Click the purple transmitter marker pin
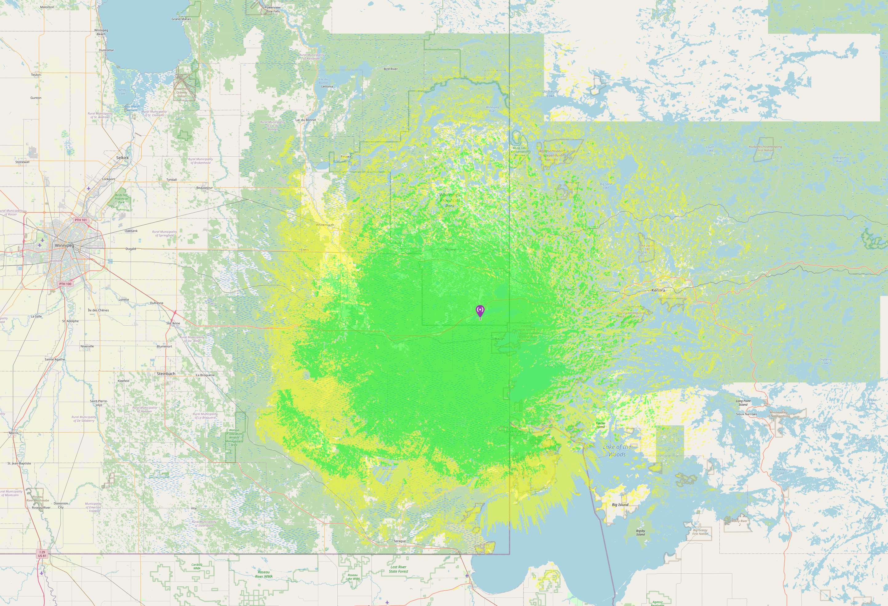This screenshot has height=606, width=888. [x=480, y=311]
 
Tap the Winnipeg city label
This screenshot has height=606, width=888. [x=65, y=245]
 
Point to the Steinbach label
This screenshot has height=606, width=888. [x=166, y=374]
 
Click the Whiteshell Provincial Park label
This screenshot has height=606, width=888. [x=450, y=200]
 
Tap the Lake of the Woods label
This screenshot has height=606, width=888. [x=617, y=451]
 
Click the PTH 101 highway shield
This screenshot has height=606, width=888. [x=81, y=220]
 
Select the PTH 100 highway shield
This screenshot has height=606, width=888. [x=65, y=284]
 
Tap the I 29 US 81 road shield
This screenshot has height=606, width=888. [x=42, y=554]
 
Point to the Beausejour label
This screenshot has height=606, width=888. [x=204, y=188]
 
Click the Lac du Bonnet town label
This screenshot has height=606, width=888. [x=306, y=120]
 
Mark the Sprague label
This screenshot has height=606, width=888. [x=400, y=541]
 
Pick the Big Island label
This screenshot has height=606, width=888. [x=620, y=505]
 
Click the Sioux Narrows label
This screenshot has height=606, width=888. [x=746, y=414]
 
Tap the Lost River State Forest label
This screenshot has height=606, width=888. [x=399, y=569]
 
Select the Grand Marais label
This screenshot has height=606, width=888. [x=181, y=19]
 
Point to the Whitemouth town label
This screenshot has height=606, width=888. [x=325, y=225]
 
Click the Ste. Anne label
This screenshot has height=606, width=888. [x=173, y=323]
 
